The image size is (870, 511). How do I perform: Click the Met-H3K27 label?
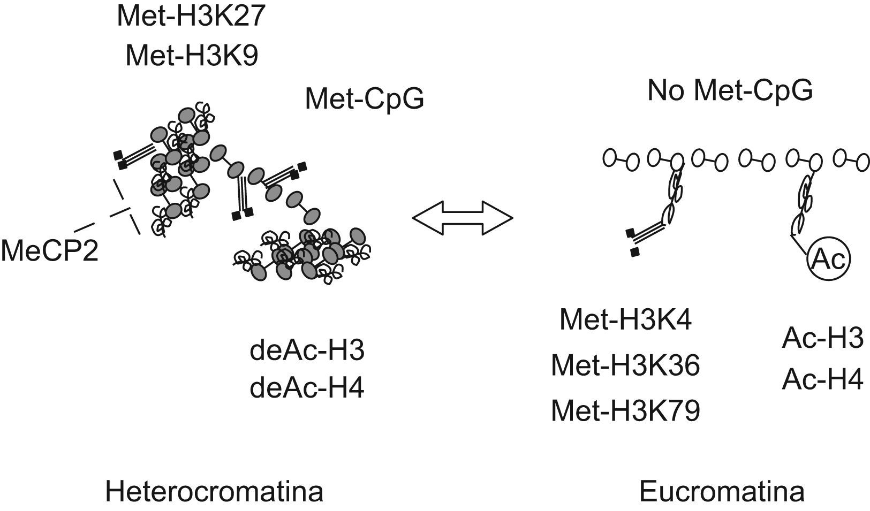click(191, 16)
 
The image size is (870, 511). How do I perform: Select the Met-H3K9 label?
click(191, 56)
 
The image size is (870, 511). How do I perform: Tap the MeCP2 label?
click(49, 250)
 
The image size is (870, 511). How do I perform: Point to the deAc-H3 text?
click(307, 350)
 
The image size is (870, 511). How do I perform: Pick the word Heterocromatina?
click(214, 492)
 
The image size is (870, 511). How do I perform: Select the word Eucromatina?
click(722, 492)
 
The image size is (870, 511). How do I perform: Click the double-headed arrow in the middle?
click(463, 218)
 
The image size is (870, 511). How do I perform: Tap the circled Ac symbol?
click(828, 260)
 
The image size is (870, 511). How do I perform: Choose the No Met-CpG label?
click(730, 91)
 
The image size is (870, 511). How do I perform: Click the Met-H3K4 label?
click(625, 319)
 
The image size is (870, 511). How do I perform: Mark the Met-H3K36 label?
click(625, 367)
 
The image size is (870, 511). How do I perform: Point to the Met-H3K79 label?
click(625, 411)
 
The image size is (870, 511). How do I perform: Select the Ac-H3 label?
click(822, 339)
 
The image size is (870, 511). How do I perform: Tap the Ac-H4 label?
click(822, 380)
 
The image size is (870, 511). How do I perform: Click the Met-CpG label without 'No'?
click(364, 99)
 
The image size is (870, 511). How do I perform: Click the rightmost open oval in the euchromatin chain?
click(863, 162)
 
